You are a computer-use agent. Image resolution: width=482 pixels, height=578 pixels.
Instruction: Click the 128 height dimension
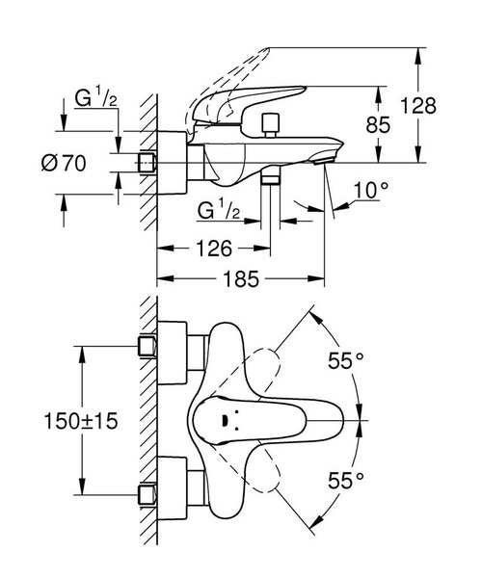(440, 104)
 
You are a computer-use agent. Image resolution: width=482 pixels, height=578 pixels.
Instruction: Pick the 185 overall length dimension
(240, 279)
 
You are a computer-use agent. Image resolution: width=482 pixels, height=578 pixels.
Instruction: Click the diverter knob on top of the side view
(268, 122)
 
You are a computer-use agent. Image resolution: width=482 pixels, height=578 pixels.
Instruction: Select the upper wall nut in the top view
(147, 344)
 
